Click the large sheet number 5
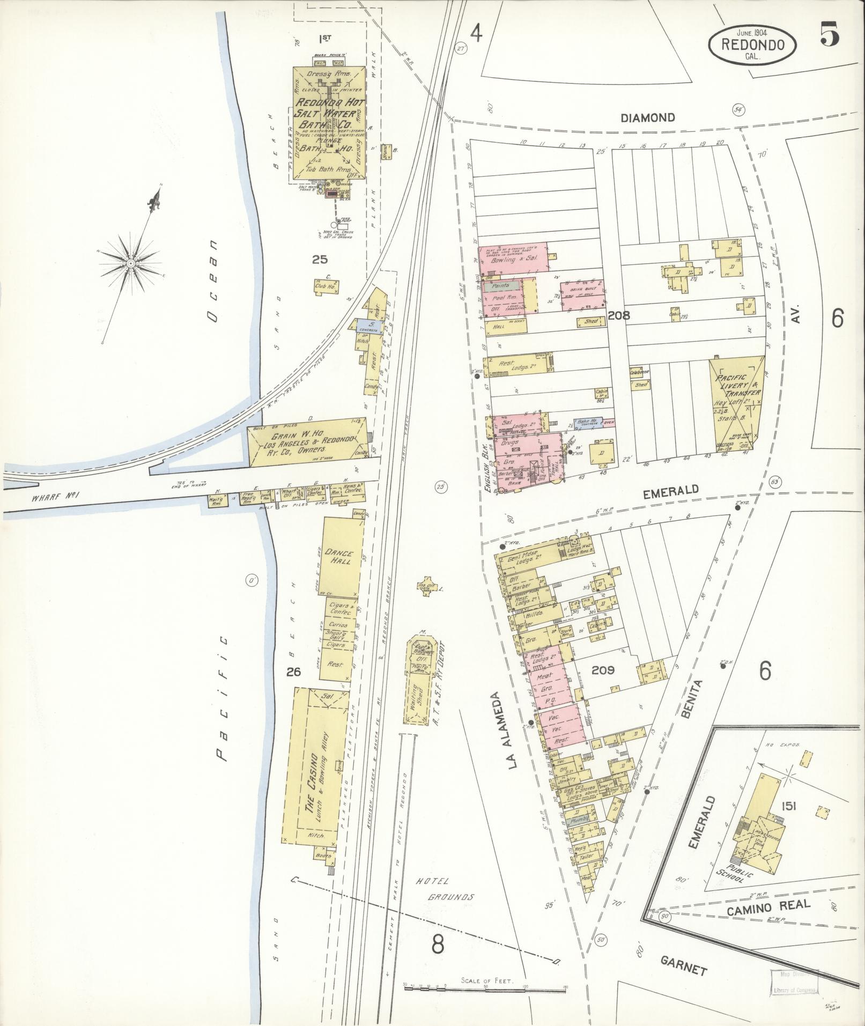point(829,36)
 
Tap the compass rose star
point(130,263)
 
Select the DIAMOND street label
point(647,118)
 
